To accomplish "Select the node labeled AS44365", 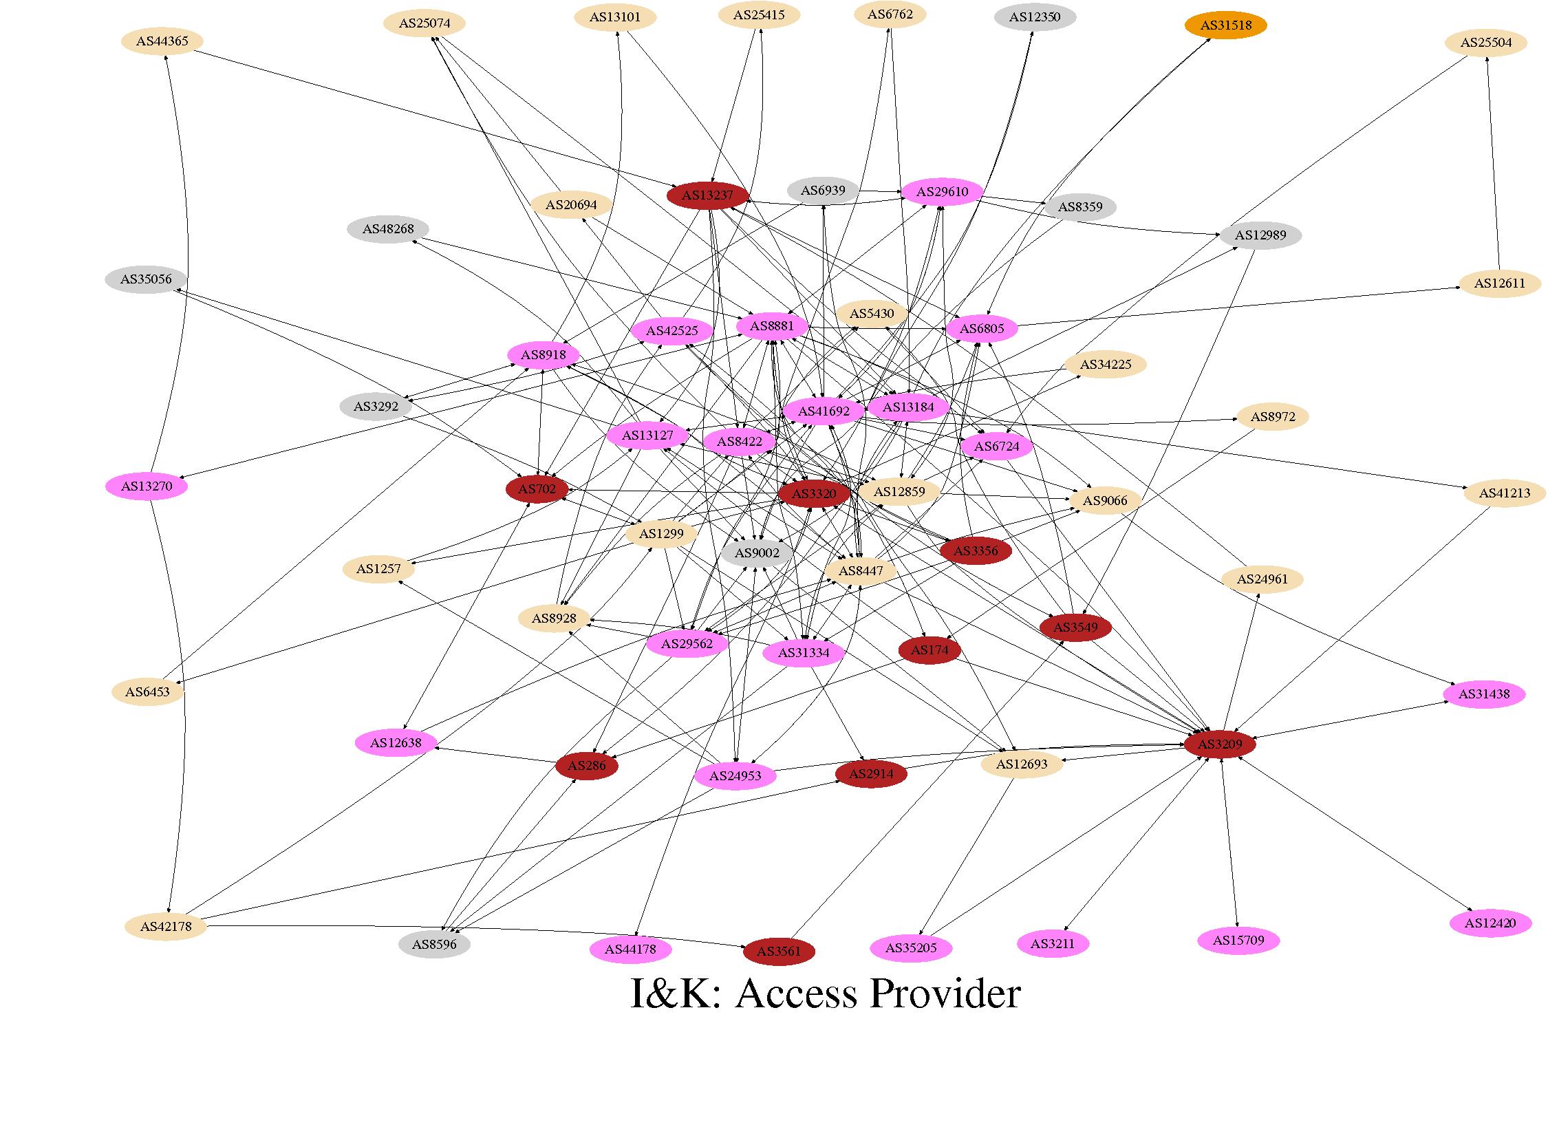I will tap(162, 41).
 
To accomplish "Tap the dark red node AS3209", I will tap(1220, 744).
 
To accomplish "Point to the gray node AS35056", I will tap(146, 279).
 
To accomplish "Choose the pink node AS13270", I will tap(146, 486).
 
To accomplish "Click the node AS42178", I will tap(166, 926).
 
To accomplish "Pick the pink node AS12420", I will tap(1490, 923).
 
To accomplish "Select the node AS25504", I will tap(1485, 43).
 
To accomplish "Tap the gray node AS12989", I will tap(1260, 235).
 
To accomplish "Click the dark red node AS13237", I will tap(707, 195).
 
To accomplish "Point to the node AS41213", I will tap(1505, 493).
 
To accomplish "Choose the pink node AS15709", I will tap(1238, 940).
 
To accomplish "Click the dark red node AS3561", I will tap(779, 952).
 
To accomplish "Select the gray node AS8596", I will tap(434, 944).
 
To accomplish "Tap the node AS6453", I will tap(148, 691).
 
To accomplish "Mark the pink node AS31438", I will tap(1484, 694).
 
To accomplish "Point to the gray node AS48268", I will tap(388, 229).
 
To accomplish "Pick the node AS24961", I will tap(1262, 579).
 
